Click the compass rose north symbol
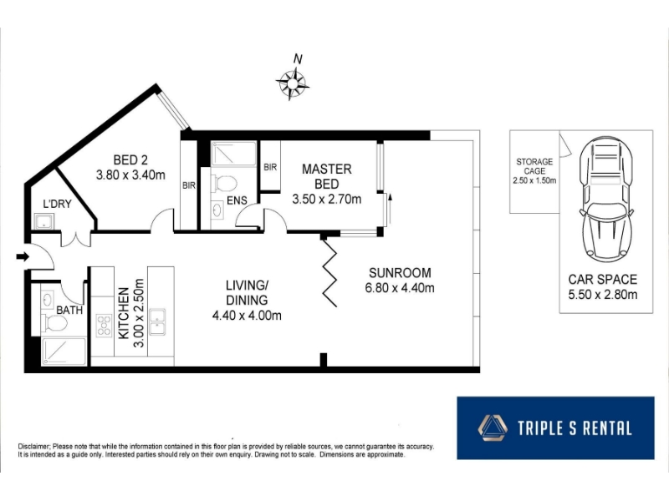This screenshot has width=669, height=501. click(292, 83)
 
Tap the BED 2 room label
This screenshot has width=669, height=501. click(130, 160)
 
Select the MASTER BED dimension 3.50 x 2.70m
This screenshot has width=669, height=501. click(327, 199)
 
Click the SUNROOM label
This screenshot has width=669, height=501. click(400, 273)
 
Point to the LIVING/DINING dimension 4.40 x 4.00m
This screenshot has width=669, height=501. click(247, 316)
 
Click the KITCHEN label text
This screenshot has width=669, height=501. click(123, 313)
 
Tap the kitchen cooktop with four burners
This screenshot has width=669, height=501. click(104, 326)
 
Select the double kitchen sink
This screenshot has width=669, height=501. click(157, 321)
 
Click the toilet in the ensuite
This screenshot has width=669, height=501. click(225, 184)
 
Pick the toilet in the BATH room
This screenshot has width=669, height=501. click(55, 323)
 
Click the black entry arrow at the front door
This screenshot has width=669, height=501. click(23, 256)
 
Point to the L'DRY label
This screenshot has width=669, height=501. click(57, 204)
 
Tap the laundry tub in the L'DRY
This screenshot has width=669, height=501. click(44, 221)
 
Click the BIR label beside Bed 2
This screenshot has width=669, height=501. click(189, 185)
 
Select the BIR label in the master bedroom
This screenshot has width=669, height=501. click(270, 168)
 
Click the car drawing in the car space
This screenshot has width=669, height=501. click(605, 200)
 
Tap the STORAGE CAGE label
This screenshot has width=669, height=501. click(534, 166)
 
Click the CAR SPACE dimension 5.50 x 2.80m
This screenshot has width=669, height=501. click(603, 295)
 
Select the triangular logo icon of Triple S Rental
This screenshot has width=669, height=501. click(493, 428)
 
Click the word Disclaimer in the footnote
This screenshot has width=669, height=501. click(34, 447)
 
